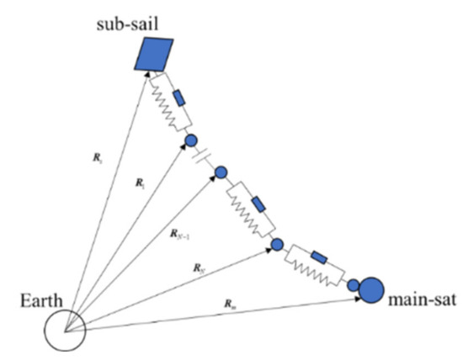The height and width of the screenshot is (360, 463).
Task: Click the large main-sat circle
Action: click(x=372, y=290)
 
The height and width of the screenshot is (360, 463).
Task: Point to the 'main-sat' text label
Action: click(x=421, y=299)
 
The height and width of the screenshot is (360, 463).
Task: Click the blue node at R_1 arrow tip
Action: click(x=190, y=140)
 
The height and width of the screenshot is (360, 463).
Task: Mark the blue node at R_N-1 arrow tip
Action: click(x=221, y=173)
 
